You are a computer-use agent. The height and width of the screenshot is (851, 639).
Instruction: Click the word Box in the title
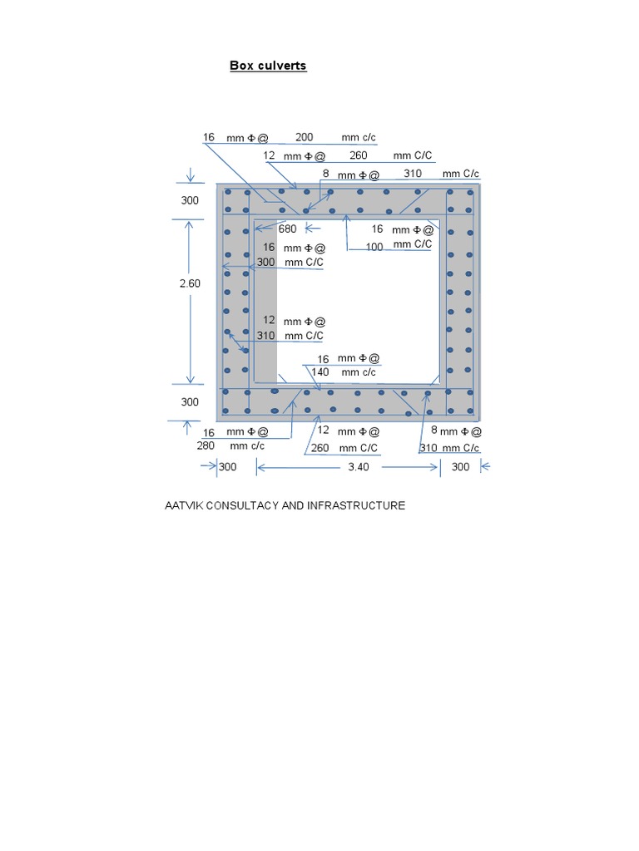click(x=241, y=66)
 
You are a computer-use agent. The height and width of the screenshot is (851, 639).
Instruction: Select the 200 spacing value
click(x=304, y=137)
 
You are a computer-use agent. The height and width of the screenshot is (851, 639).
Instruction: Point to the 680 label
click(x=287, y=229)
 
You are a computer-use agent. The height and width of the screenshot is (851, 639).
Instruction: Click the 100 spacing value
click(x=374, y=247)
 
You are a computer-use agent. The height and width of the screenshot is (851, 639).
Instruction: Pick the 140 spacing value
click(x=320, y=372)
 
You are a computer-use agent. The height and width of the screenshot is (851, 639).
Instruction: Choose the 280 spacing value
click(x=206, y=445)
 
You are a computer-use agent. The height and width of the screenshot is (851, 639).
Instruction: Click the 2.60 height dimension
click(x=190, y=283)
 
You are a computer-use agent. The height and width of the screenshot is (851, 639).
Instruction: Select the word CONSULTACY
click(x=247, y=505)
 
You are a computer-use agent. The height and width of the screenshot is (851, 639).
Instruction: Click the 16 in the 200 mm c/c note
click(x=208, y=137)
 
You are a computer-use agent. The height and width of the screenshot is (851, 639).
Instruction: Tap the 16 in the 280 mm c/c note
click(x=209, y=432)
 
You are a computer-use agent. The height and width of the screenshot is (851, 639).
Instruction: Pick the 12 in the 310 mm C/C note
click(x=269, y=319)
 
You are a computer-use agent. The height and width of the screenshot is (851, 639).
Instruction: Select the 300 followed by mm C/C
click(x=266, y=262)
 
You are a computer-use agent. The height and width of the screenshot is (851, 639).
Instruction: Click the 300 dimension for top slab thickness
click(x=190, y=200)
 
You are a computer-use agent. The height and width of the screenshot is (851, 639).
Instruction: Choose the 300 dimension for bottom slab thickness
click(x=190, y=402)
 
